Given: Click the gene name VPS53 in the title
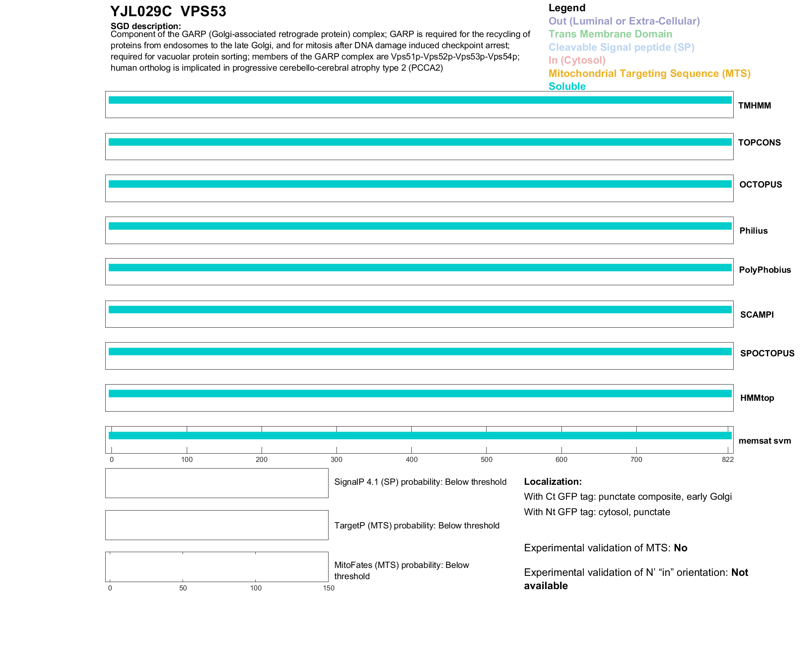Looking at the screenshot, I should point(203,12).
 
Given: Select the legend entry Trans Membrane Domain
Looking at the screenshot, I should point(610,34).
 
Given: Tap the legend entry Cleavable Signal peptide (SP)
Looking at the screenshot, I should point(621,47).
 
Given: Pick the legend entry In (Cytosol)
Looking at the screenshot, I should point(577,60).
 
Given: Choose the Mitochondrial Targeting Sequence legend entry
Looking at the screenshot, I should point(649,74).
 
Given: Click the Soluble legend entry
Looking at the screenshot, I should point(567,86).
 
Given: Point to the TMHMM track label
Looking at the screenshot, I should point(754,106).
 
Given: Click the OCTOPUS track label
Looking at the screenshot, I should point(760,185).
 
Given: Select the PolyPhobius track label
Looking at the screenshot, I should point(764,270).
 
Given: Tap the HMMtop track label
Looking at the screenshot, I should point(757,398).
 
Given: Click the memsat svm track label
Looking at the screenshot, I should point(764,441).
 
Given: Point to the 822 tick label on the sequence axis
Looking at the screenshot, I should point(727,459).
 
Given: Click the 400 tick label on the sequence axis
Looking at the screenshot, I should point(411,459).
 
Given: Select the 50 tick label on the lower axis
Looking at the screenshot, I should point(183,588).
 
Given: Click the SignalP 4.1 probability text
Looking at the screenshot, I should point(420,482).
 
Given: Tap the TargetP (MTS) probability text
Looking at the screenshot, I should point(417,526).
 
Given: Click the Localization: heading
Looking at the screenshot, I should point(552,481).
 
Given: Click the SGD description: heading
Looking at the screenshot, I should point(146,26).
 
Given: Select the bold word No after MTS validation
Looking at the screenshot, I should point(680,548).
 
